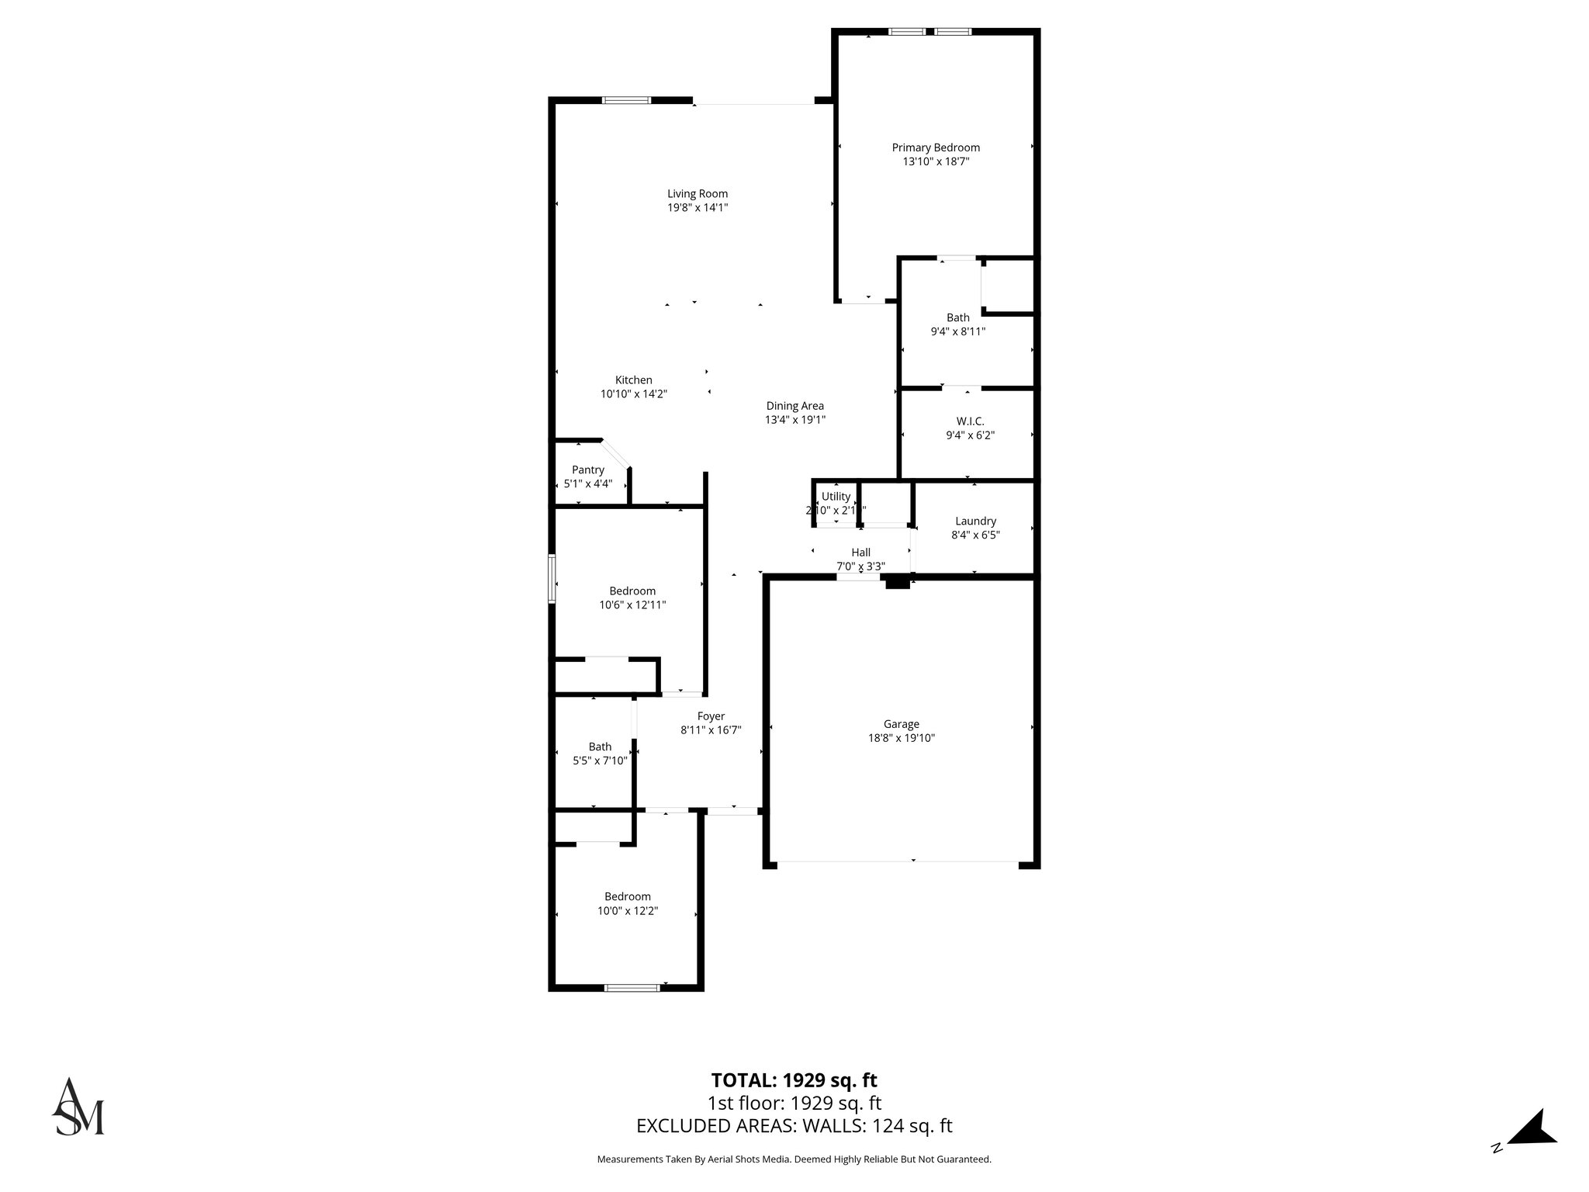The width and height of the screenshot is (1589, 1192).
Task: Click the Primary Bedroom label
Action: [935, 147]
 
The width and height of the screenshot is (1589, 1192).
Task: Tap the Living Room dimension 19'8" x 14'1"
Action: [697, 208]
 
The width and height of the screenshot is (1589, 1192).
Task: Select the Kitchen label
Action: [633, 380]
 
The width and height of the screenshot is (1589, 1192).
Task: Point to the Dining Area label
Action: [794, 406]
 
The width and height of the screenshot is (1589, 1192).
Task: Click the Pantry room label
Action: [587, 470]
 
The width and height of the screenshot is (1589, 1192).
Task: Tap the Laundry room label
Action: [975, 521]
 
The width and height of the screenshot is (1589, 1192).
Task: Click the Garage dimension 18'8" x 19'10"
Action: [901, 738]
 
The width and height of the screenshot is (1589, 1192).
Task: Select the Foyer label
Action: [711, 716]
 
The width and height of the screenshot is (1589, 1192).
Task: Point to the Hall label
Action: [860, 553]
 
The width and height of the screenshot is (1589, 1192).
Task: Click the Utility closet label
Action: [836, 497]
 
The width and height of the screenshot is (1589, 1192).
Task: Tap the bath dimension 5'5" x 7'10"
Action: [599, 761]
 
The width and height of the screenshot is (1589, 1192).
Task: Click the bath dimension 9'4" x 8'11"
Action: [957, 331]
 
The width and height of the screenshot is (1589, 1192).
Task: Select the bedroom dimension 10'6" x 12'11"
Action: [632, 605]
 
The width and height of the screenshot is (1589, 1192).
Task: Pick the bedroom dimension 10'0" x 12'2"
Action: [627, 910]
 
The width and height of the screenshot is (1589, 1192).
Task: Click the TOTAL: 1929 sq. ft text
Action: [794, 1080]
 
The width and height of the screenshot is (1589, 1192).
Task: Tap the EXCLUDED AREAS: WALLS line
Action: [794, 1125]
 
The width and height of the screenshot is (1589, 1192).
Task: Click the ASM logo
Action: [78, 1107]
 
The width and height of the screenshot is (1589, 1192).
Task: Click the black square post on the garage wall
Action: [897, 581]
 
